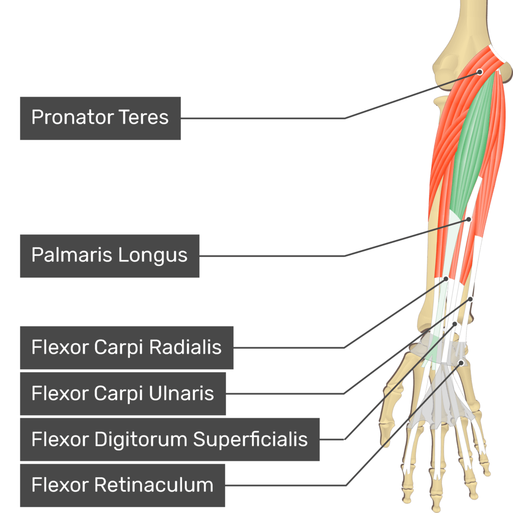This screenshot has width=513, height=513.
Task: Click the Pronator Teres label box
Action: click(100, 118)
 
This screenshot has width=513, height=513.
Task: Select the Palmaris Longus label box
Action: click(110, 256)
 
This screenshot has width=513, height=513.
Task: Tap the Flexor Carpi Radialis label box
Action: click(127, 348)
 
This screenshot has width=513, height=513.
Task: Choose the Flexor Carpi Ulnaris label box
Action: click(123, 394)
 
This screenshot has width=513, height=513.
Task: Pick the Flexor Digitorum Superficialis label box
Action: click(170, 439)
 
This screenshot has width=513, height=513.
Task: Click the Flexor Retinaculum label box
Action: click(122, 485)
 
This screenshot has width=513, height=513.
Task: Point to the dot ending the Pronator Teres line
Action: click(479, 72)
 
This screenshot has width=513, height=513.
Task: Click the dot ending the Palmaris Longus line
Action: click(469, 219)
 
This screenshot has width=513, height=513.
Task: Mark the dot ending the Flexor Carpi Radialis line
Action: click(446, 279)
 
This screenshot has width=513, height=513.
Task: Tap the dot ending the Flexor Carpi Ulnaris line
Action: click(470, 299)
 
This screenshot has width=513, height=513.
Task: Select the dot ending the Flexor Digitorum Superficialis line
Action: click(454, 324)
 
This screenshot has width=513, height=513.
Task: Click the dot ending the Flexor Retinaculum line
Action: click(461, 363)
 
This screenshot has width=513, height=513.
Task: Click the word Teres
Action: click(143, 117)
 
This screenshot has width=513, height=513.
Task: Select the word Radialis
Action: click(185, 347)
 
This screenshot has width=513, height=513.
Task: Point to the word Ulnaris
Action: click(181, 393)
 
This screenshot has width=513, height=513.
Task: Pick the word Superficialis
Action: click(250, 439)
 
